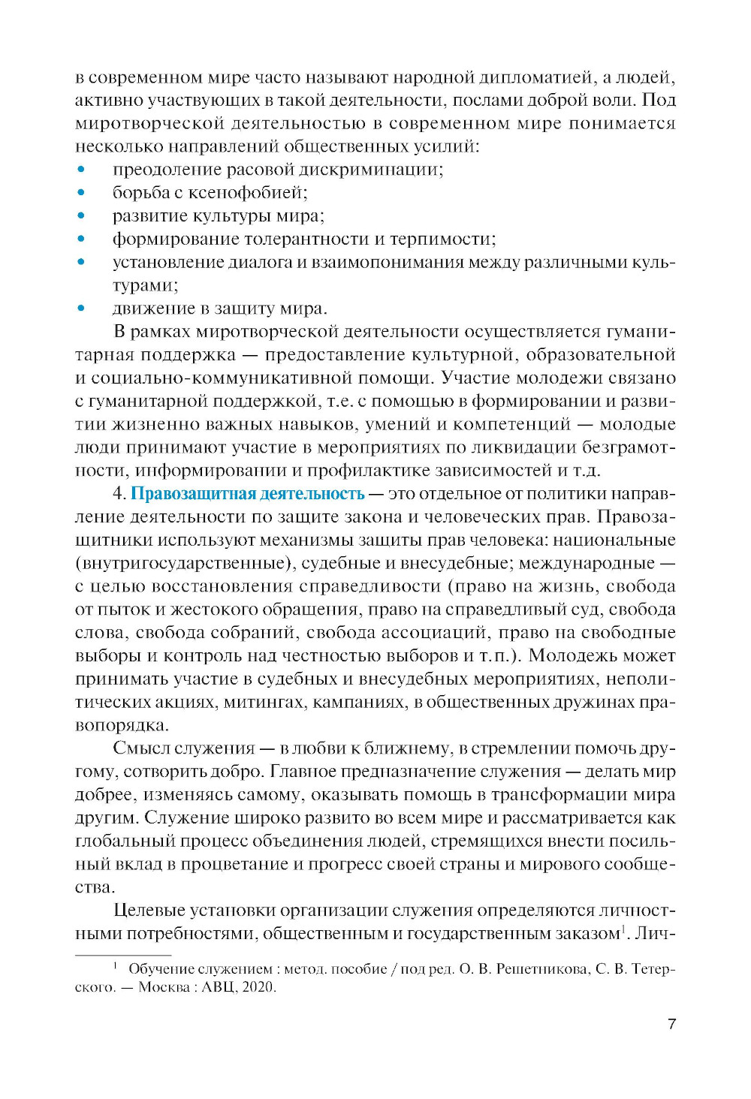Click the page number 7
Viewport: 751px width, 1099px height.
[x=671, y=1024]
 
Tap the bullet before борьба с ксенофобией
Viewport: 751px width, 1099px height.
[x=81, y=193]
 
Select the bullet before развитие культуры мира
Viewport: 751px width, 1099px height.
[x=81, y=216]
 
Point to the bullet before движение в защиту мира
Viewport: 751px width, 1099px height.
[x=81, y=309]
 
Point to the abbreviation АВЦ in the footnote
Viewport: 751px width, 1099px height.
[x=219, y=987]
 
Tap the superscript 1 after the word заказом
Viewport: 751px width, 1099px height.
[x=623, y=930]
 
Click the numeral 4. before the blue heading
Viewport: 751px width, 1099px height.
[x=119, y=494]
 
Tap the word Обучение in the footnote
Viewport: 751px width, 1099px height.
[x=161, y=969]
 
